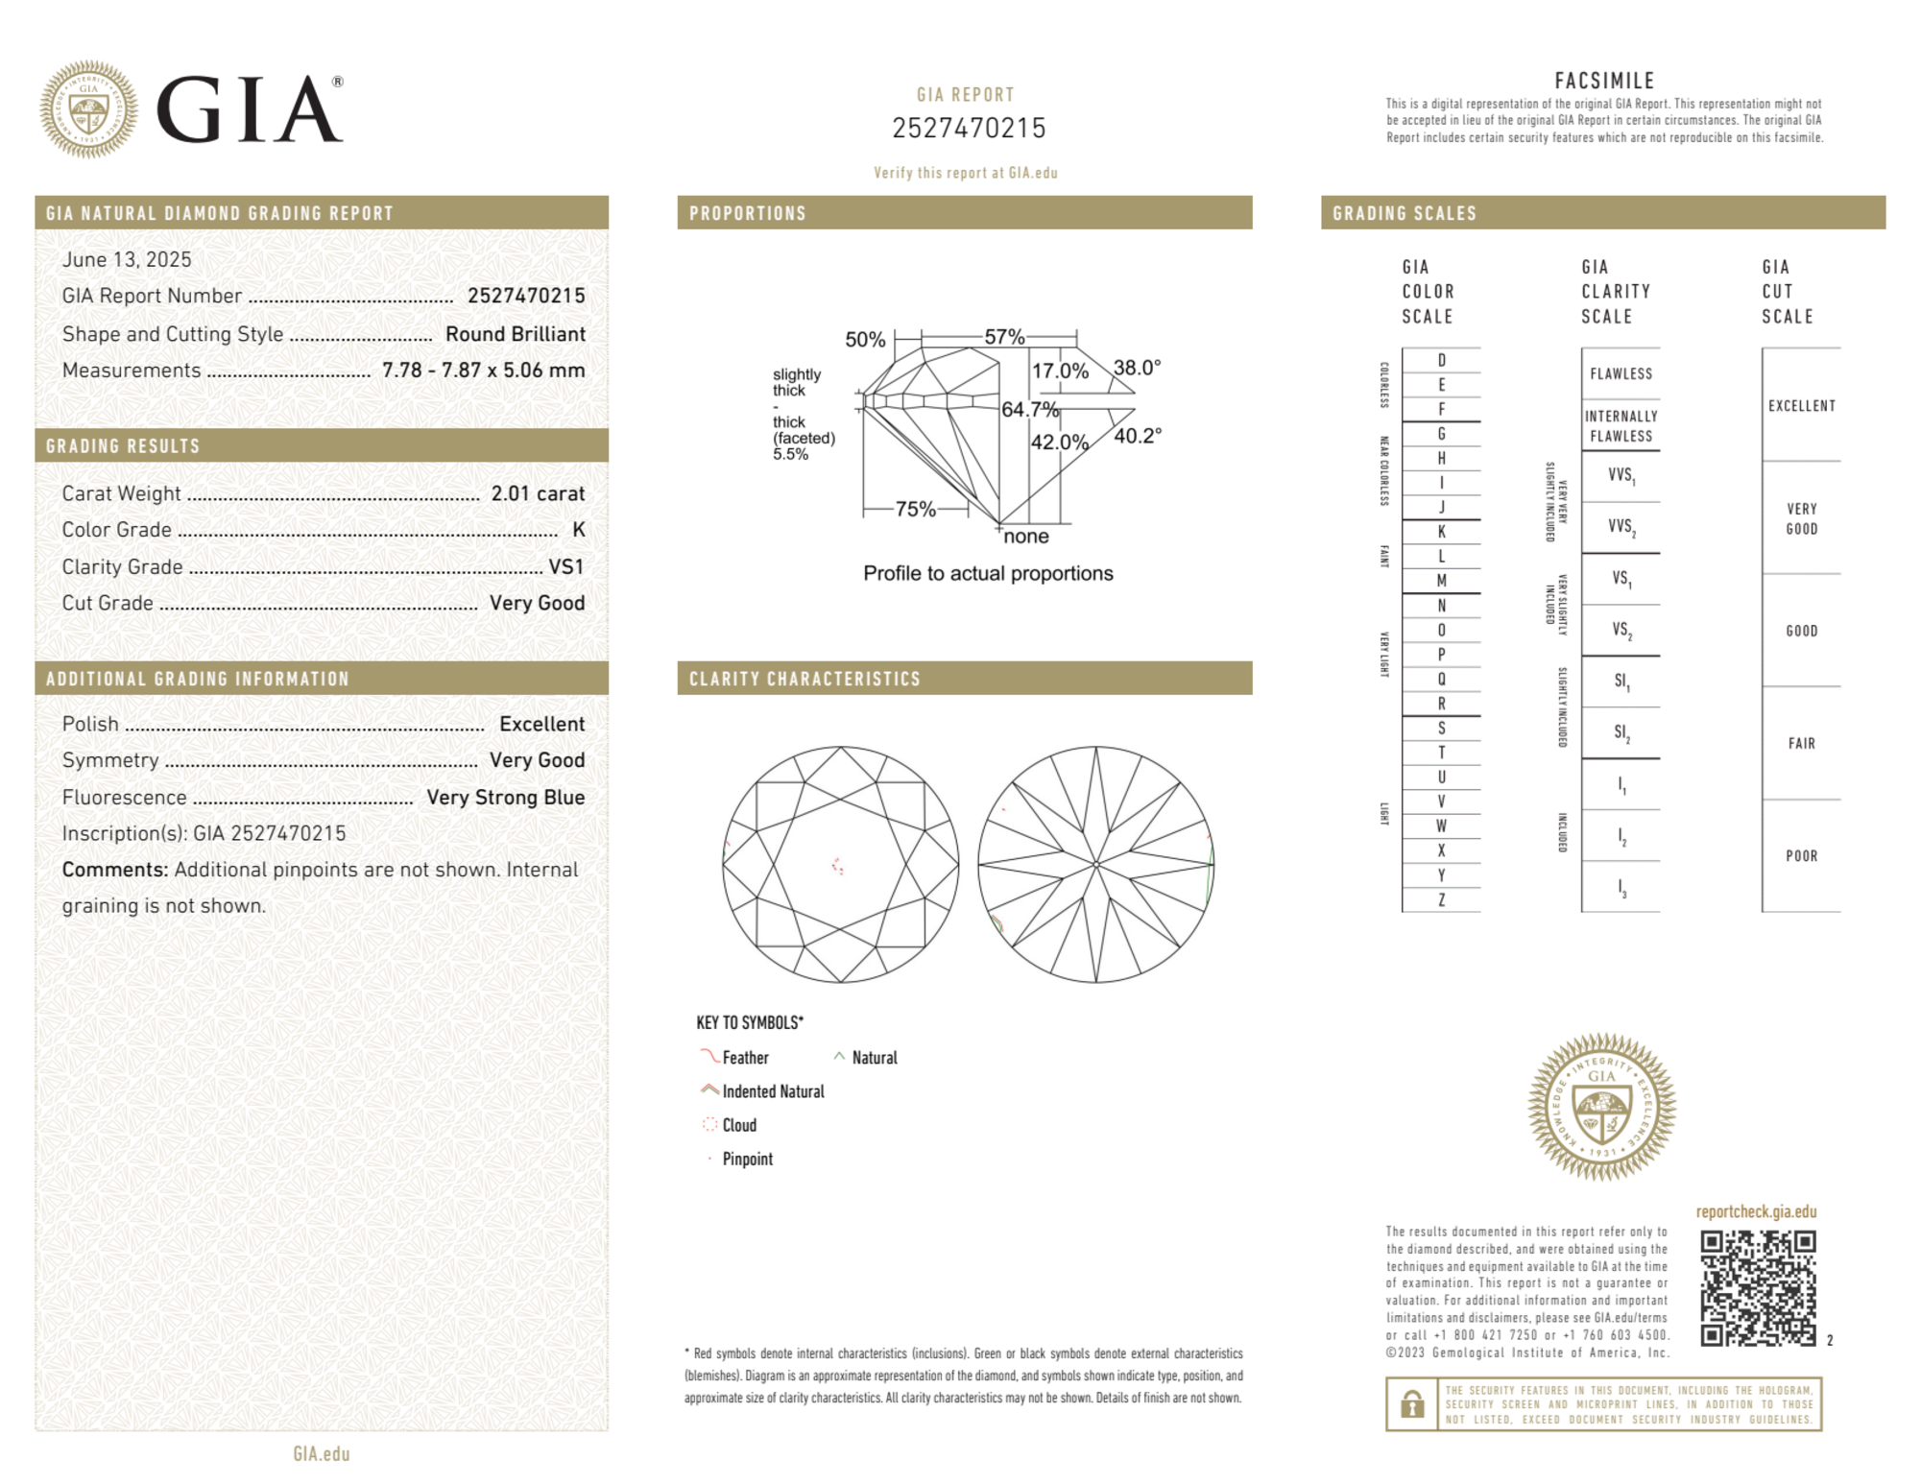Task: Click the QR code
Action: (x=1757, y=1288)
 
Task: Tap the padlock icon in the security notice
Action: (x=1411, y=1404)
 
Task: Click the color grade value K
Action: (x=578, y=530)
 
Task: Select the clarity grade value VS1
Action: (x=565, y=567)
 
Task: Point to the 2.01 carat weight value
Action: (x=538, y=493)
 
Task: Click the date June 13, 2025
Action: (x=127, y=259)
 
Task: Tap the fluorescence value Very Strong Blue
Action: (x=505, y=797)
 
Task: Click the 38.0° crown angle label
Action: (x=1137, y=368)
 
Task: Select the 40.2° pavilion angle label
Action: (x=1138, y=436)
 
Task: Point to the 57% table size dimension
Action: (x=1004, y=337)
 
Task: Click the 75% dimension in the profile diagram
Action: (x=915, y=509)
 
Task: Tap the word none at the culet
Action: (x=1025, y=537)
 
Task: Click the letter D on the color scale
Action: (x=1441, y=361)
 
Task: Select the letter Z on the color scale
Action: (x=1441, y=899)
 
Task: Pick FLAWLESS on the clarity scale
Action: (x=1621, y=374)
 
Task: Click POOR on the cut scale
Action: (x=1801, y=856)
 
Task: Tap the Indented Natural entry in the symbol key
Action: (x=772, y=1091)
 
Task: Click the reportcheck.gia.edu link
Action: (x=1756, y=1211)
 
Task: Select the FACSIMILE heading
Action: (x=1604, y=81)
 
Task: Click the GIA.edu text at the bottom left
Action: (x=322, y=1453)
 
